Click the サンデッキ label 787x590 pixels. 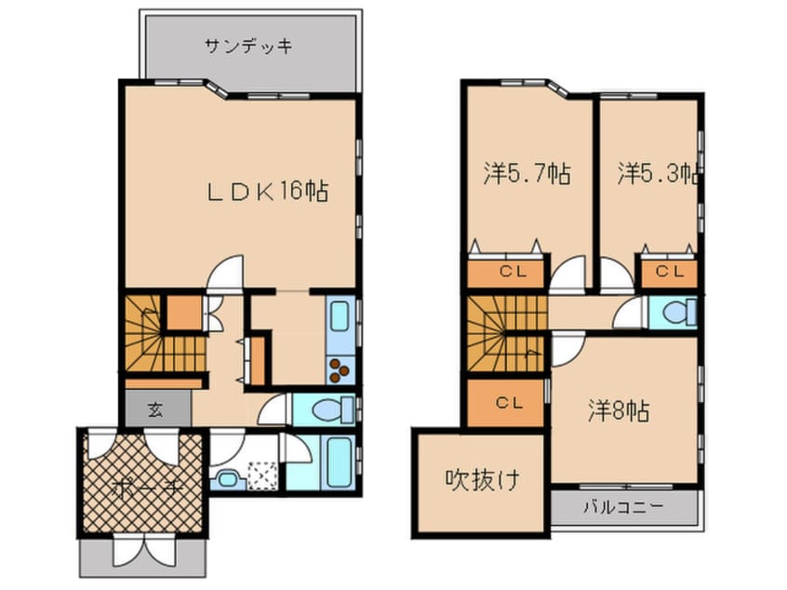248,45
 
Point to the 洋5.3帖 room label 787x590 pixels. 659,173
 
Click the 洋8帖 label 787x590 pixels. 618,409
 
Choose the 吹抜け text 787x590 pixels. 481,481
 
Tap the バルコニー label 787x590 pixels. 623,508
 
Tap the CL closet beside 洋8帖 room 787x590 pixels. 508,403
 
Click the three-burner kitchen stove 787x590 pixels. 339,370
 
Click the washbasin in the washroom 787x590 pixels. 227,480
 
